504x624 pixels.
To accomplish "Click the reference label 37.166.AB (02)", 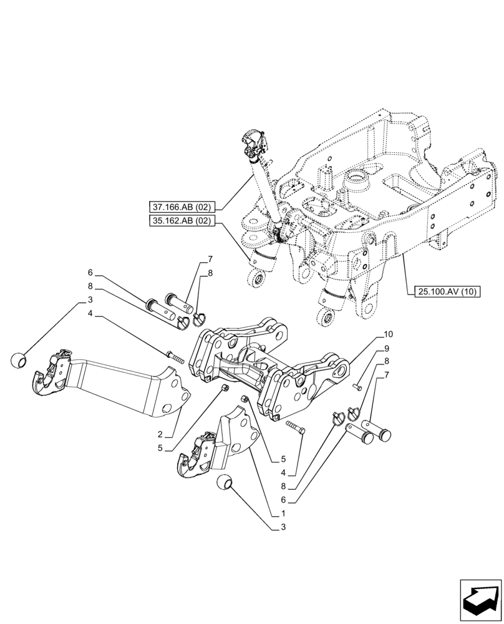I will coord(182,207).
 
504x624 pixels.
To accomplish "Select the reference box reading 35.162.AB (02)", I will coord(182,221).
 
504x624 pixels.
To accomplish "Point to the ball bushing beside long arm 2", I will coord(21,360).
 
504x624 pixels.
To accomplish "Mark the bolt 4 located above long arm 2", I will coord(174,356).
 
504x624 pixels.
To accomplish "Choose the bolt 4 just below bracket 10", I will coord(295,428).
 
